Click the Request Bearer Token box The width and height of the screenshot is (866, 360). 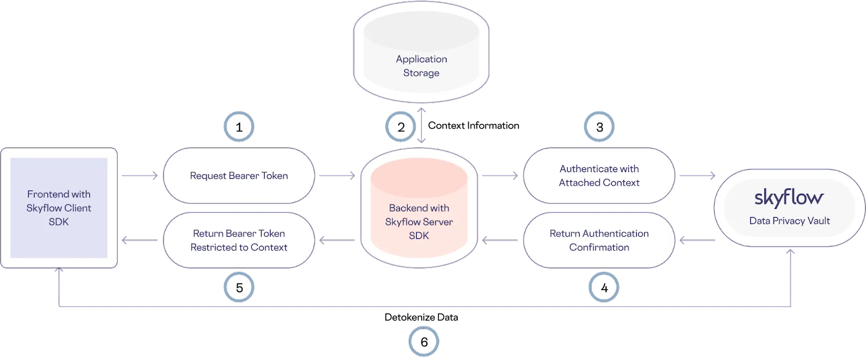[239, 175]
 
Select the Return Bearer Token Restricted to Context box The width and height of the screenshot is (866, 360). [239, 240]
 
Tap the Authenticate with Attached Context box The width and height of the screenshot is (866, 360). [599, 175]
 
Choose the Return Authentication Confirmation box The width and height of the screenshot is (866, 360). [599, 240]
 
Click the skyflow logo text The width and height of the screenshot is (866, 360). [789, 198]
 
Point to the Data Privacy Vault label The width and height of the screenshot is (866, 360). [789, 221]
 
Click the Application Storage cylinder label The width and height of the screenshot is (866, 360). [421, 66]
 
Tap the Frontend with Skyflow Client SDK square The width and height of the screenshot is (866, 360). [59, 208]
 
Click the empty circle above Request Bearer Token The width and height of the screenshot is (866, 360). [239, 127]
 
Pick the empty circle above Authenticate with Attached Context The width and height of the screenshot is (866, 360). [598, 127]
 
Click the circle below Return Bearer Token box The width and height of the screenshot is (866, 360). [239, 287]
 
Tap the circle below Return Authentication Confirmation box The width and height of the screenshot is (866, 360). [603, 287]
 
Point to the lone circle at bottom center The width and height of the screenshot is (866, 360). [423, 342]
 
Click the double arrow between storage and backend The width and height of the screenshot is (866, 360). [422, 126]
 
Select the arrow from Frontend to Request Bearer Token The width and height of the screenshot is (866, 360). [140, 175]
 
